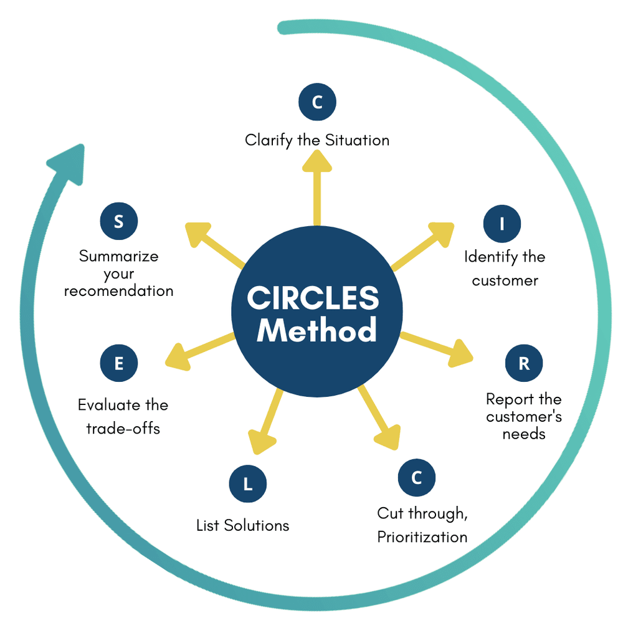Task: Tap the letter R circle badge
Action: [524, 364]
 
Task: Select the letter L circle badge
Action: [247, 483]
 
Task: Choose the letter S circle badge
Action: [118, 222]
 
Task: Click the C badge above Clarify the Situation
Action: [317, 103]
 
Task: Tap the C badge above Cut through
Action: [417, 478]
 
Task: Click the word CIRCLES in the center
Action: [313, 298]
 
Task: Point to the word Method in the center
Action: [316, 330]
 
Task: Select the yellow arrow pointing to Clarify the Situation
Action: [317, 187]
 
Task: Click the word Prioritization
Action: [422, 536]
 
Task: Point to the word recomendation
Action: [118, 291]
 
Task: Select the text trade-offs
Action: [123, 429]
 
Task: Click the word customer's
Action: [524, 416]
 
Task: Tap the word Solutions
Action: [257, 525]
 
